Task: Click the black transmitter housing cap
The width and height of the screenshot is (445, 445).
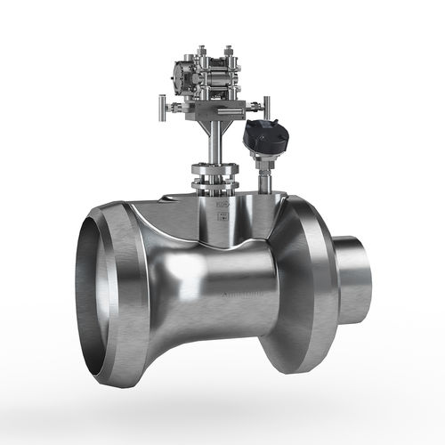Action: click(266, 137)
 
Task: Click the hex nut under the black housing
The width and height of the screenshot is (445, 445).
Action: click(264, 162)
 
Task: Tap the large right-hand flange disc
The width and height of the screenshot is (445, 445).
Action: click(307, 285)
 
